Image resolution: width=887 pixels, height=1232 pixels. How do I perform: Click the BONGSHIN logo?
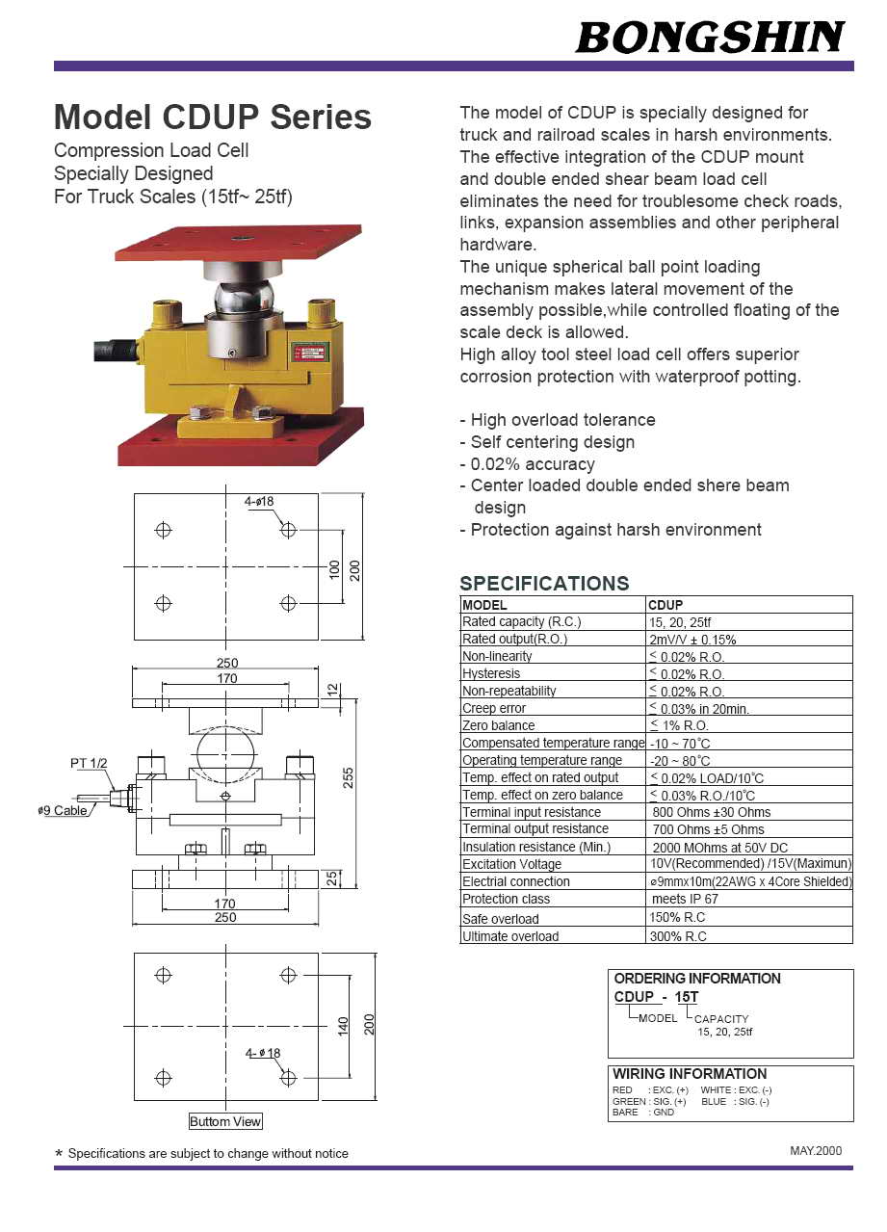tap(710, 37)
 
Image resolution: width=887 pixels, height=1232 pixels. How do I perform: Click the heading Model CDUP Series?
tap(213, 118)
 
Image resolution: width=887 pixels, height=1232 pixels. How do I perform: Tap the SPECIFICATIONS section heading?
tap(544, 583)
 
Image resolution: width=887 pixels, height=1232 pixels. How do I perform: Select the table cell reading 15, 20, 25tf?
tap(680, 622)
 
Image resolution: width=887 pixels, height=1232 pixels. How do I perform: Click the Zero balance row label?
tap(498, 725)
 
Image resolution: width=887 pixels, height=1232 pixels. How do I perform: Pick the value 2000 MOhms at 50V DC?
tap(706, 847)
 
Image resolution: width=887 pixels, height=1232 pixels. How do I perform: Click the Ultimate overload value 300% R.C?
tap(678, 935)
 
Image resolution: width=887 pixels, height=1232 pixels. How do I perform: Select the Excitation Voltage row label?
tap(511, 864)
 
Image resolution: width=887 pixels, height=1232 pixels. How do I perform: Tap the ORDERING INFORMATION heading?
tap(697, 979)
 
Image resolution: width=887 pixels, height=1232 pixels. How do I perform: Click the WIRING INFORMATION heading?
tap(690, 1074)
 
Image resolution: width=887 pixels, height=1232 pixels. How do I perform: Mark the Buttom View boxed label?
tap(225, 1121)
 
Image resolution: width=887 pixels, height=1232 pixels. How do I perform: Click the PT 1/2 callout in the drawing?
tap(89, 763)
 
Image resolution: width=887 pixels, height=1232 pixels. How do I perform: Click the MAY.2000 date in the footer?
tap(815, 1150)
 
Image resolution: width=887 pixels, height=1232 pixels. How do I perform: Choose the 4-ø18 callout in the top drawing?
tap(259, 502)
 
